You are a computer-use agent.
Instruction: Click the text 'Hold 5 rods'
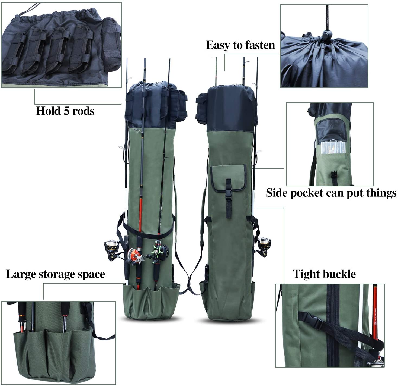65,111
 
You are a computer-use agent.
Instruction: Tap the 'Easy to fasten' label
240,45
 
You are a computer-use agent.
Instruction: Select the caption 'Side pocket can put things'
331,193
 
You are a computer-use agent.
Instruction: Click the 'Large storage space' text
56,274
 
